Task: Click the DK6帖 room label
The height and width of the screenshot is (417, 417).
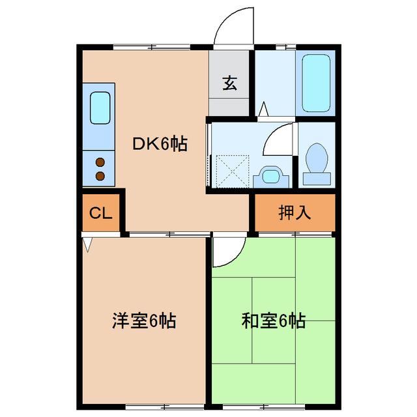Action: pos(160,144)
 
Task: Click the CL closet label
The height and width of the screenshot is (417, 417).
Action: pos(101,213)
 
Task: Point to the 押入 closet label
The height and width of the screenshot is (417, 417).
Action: pos(294,212)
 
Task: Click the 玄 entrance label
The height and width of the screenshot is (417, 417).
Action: pos(229,83)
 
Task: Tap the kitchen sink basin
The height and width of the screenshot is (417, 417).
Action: pos(100,108)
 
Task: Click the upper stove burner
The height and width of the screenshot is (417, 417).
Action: pos(100,163)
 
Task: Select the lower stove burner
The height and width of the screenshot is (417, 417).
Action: pos(100,175)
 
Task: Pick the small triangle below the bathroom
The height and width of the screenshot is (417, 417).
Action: pos(264,109)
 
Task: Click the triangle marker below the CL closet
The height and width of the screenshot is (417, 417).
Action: pos(89,244)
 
